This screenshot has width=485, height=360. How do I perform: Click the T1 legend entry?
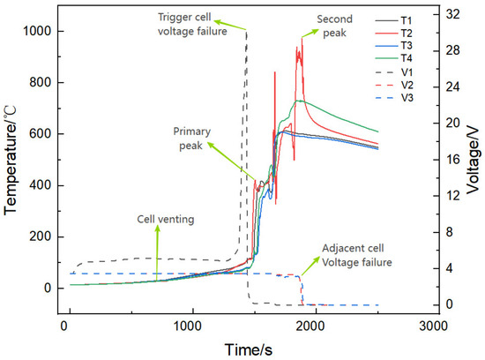pos(394,20)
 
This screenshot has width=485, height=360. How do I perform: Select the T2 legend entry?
pos(394,34)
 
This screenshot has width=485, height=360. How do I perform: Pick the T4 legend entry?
pos(394,58)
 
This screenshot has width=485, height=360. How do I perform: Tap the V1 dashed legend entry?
pos(394,72)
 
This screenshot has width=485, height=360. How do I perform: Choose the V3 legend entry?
pos(394,98)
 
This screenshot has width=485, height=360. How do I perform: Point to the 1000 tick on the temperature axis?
pos(37,31)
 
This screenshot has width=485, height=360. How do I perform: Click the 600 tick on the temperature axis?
pos(40,134)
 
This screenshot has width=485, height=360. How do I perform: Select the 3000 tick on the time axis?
pos(433,326)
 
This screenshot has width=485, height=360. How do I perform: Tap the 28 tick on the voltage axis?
pos(452,50)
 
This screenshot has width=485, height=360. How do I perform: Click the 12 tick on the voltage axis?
pos(452,196)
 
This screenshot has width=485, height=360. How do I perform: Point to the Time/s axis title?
pos(249,349)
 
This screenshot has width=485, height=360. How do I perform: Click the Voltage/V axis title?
pos(473,161)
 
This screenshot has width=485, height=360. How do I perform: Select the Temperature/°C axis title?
pos(10,160)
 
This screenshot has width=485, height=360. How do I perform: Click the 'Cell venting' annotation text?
pos(166,219)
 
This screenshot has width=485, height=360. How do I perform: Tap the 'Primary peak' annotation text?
pos(191,139)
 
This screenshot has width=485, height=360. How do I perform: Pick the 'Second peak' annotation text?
pos(335,26)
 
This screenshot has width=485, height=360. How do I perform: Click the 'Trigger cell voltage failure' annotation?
pos(192,24)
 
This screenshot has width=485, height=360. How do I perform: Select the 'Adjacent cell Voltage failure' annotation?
pos(357,255)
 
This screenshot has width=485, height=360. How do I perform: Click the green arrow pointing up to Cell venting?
pos(158,252)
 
